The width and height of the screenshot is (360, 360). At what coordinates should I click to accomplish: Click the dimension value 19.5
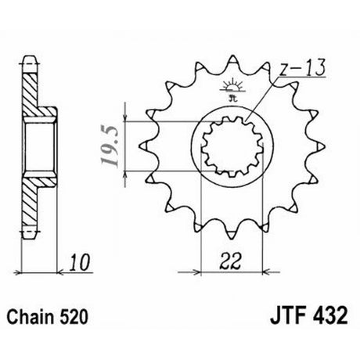pos(110,146)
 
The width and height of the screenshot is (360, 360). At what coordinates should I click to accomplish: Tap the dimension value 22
pos(230,261)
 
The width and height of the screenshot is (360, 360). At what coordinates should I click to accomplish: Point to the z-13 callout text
pos(302,67)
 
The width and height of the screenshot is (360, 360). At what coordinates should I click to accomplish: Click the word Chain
pos(31,317)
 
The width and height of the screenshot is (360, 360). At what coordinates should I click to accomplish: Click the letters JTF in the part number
pos(288,316)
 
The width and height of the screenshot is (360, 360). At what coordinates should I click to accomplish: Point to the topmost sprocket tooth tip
pos(232,56)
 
